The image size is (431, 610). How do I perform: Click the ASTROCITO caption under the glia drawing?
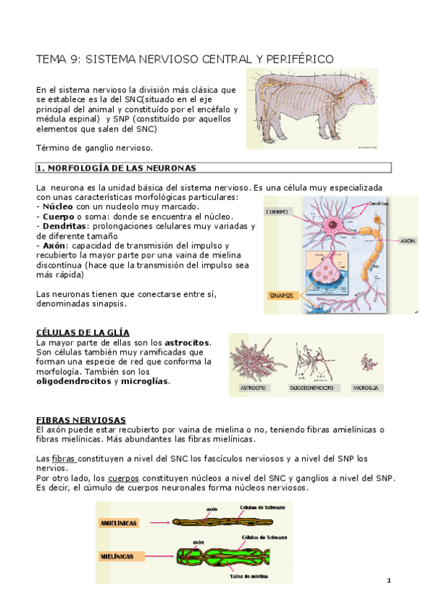(253, 388)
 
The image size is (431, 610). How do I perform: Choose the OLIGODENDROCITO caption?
(311, 388)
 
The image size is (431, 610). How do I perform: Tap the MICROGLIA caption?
(366, 388)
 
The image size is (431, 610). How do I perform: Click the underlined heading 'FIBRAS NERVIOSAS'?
(81, 419)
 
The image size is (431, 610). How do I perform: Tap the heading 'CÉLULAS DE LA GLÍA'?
(83, 332)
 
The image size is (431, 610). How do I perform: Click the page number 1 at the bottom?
(388, 580)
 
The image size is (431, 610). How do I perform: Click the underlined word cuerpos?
(123, 478)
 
